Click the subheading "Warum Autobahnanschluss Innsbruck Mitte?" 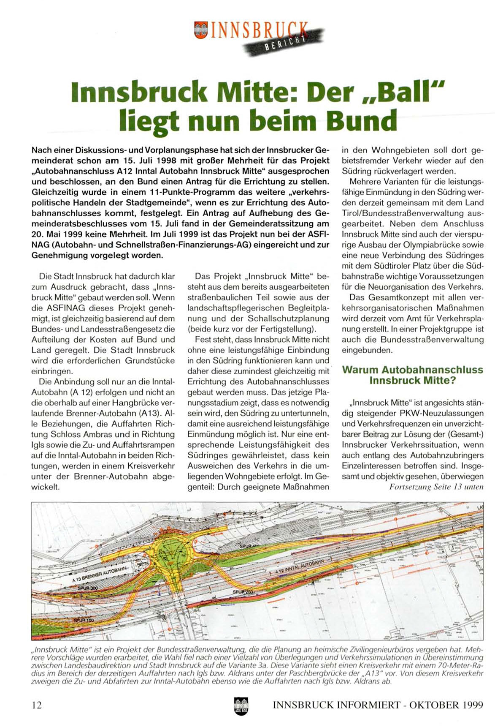[412, 375]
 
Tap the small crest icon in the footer [241, 706]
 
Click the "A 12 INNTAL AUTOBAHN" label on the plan [300, 567]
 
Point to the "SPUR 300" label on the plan [88, 588]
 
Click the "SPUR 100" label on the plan [84, 620]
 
